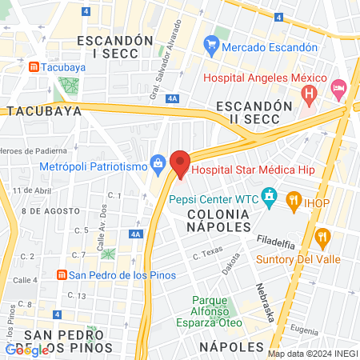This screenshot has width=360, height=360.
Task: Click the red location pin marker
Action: (x=180, y=164)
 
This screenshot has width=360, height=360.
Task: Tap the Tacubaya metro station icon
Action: (x=32, y=67)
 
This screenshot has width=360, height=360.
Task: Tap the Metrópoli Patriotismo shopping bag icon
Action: (x=158, y=166)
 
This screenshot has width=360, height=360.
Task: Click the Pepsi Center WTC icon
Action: (x=270, y=196)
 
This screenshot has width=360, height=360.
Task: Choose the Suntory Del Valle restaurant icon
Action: (x=323, y=237)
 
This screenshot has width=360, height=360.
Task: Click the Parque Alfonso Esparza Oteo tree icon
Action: (x=198, y=302)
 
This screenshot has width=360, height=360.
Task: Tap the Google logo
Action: (x=26, y=350)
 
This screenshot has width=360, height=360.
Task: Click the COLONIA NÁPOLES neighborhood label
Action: (x=219, y=221)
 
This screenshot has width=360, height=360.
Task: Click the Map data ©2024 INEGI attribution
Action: (x=311, y=353)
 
